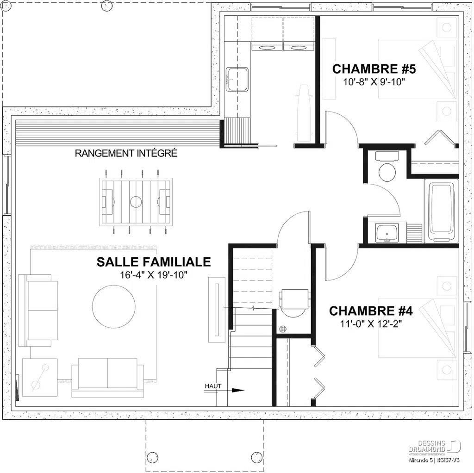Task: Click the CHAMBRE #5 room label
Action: pyautogui.click(x=374, y=69)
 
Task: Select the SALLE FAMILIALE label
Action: pyautogui.click(x=153, y=262)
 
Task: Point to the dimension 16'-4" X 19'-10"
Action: pyautogui.click(x=153, y=275)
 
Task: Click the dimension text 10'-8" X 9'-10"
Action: pyautogui.click(x=374, y=83)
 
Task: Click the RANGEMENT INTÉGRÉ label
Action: pyautogui.click(x=126, y=153)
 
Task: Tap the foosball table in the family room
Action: pyautogui.click(x=136, y=202)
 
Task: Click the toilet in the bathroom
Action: pyautogui.click(x=387, y=170)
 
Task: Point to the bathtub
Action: pyautogui.click(x=441, y=211)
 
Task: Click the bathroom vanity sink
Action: pyautogui.click(x=387, y=233)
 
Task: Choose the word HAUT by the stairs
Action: pyautogui.click(x=214, y=386)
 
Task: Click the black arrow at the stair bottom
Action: pyautogui.click(x=237, y=390)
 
